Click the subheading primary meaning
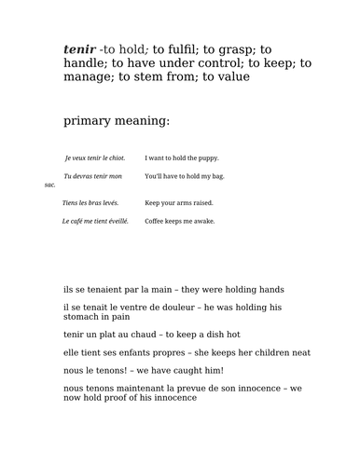coord(117,121)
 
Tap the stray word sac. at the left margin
coord(50,185)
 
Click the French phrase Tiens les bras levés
coord(90,202)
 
